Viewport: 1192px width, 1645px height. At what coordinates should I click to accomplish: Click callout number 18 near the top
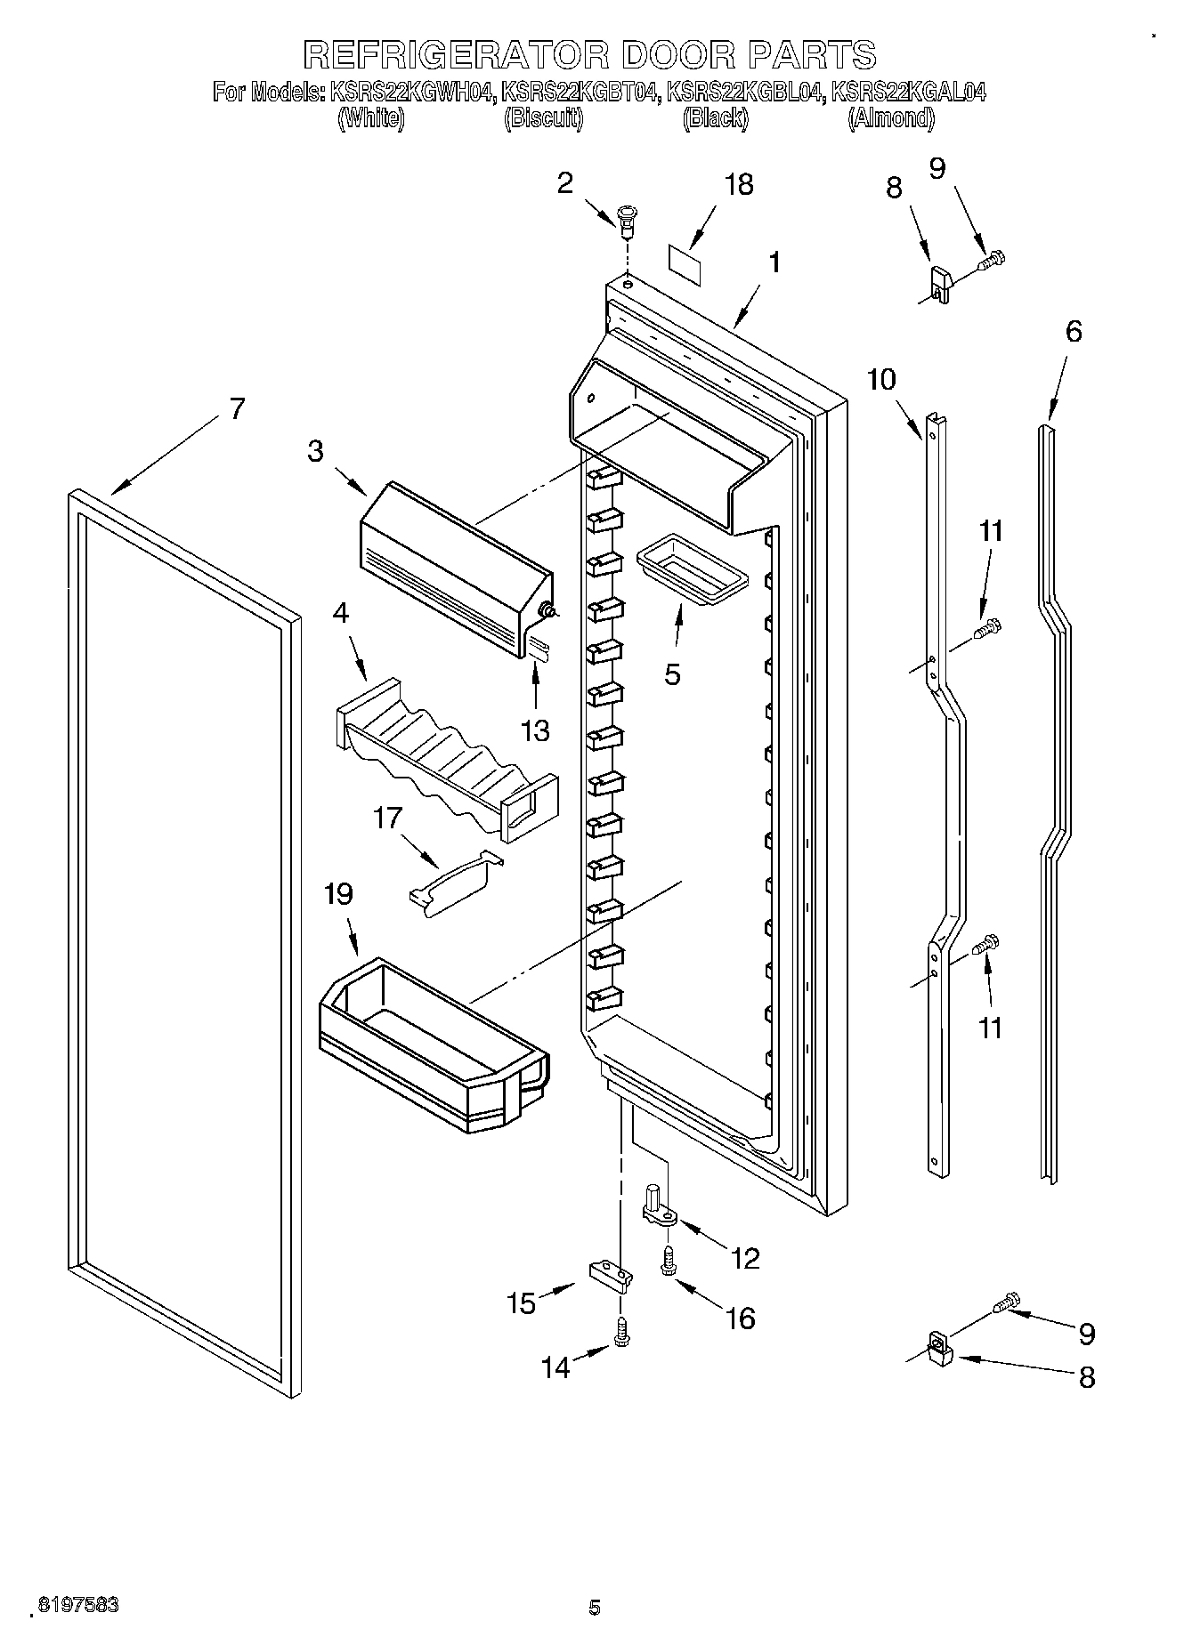click(x=739, y=184)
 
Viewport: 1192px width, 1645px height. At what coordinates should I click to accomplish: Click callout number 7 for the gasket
click(x=236, y=408)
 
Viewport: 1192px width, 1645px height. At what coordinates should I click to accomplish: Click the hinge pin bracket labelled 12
click(x=657, y=1207)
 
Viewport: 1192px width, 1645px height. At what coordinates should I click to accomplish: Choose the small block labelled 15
click(x=611, y=1275)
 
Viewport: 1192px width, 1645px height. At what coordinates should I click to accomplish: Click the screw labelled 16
click(x=669, y=1258)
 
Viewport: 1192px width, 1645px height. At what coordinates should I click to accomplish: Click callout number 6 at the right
click(x=1074, y=332)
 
